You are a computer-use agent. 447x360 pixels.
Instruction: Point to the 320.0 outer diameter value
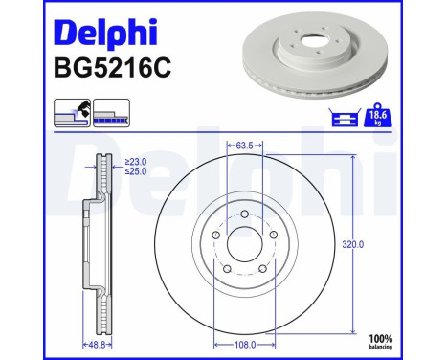[x=354, y=244]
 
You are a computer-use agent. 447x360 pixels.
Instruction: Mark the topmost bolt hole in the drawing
[x=245, y=213]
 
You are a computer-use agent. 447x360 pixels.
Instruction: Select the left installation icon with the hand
[x=68, y=113]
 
